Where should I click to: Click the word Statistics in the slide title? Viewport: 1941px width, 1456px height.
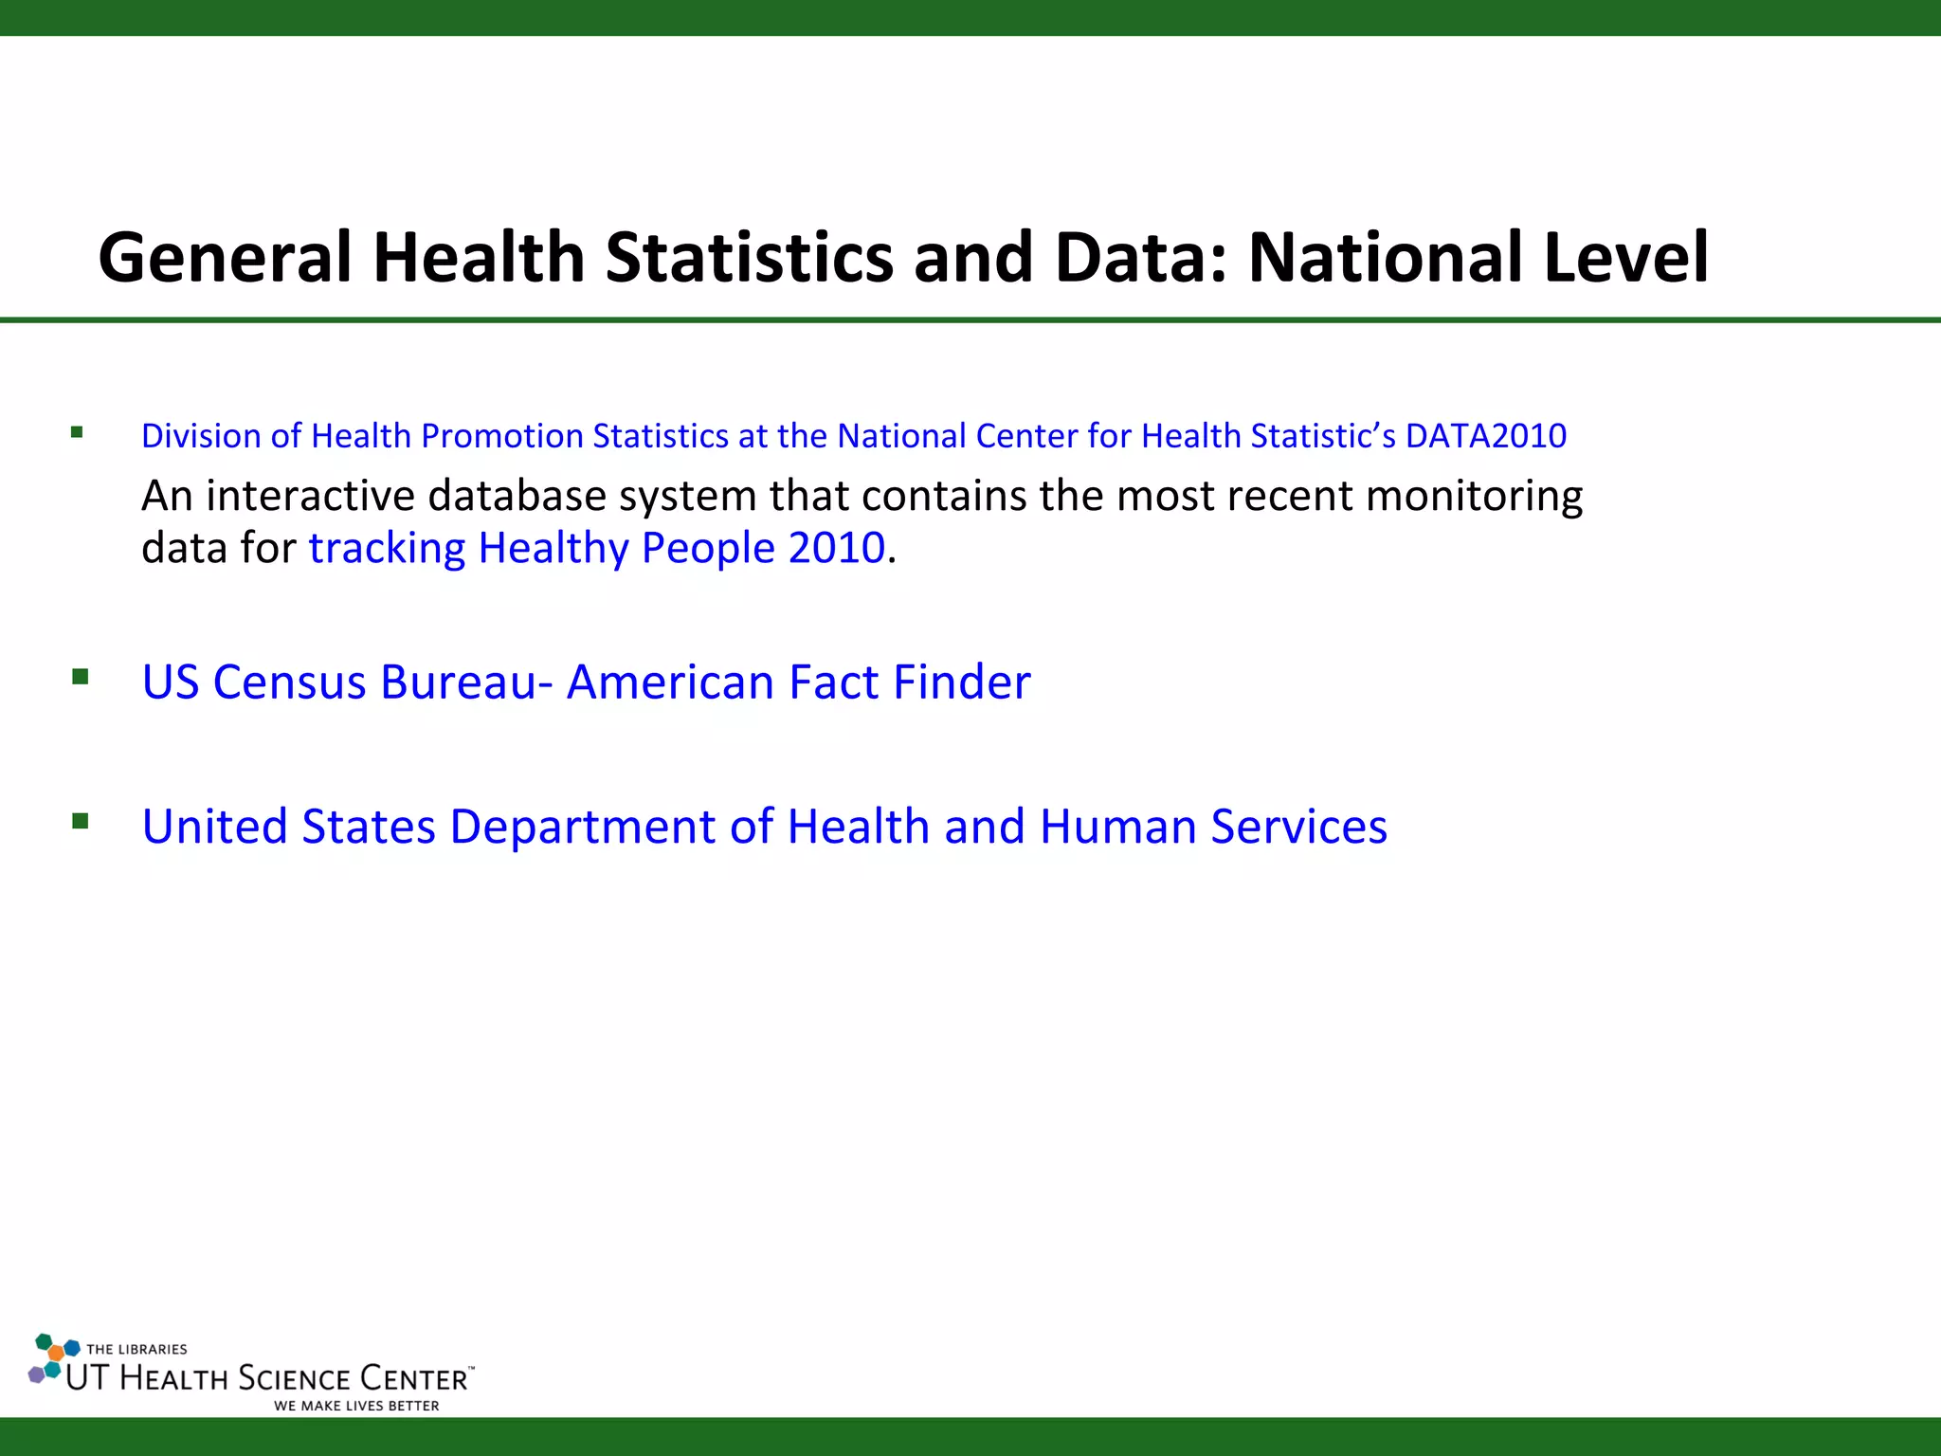(749, 258)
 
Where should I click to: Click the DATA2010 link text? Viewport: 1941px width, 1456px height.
(1485, 436)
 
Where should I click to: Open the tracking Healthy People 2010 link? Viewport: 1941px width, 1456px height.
(597, 548)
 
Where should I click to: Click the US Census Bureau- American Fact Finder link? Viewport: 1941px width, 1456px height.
(586, 682)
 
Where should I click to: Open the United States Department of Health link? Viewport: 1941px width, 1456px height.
(764, 826)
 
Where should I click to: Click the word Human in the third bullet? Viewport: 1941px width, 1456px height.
(1117, 826)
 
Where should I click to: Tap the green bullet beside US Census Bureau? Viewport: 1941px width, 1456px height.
(81, 677)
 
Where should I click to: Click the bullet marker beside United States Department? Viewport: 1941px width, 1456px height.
(81, 821)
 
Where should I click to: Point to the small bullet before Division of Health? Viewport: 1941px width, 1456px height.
(77, 433)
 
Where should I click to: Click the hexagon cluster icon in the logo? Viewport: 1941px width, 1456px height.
(52, 1358)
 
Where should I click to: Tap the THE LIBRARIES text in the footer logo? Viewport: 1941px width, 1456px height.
(136, 1349)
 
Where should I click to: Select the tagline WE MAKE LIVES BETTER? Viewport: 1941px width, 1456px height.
(356, 1406)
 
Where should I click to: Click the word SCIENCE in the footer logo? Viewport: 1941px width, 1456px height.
(294, 1378)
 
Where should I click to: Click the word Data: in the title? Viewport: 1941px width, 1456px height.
(1140, 258)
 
